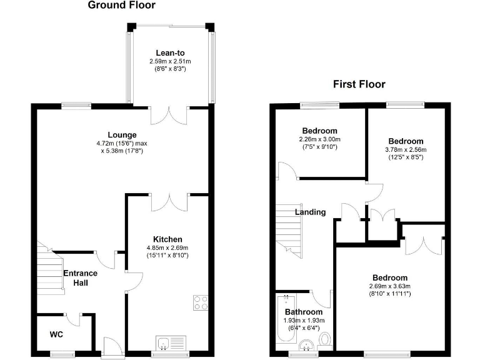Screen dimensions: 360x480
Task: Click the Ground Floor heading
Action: coord(122,6)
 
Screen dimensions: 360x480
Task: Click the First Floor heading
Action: coord(359,84)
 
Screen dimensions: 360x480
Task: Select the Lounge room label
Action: coord(122,135)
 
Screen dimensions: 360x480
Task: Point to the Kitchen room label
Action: coord(167,239)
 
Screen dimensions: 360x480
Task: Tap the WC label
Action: coord(57,334)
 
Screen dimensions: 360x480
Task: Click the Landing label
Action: coord(311,212)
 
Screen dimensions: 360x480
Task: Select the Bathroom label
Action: coord(304,312)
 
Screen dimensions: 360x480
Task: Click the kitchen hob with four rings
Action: coord(201,302)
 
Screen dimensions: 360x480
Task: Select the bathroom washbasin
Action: coord(306,345)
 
